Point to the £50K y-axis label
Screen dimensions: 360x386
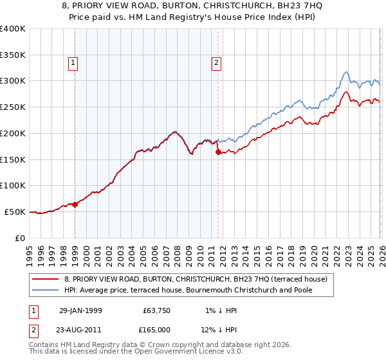pyautogui.click(x=14, y=212)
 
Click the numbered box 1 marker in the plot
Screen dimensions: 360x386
pyautogui.click(x=75, y=63)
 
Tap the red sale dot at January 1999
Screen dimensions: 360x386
pyautogui.click(x=75, y=204)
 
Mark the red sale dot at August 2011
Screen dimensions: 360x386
pyautogui.click(x=218, y=152)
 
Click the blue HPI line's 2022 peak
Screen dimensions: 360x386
pyautogui.click(x=346, y=72)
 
